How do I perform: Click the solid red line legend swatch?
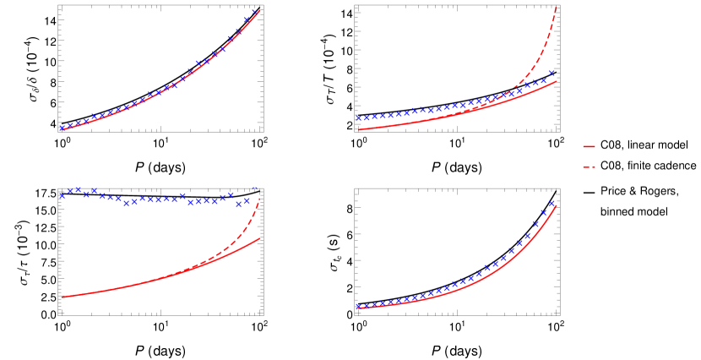[589, 146]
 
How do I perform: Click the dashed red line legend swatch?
[589, 166]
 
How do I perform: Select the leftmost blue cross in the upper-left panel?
[62, 128]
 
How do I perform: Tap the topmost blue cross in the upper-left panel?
[254, 12]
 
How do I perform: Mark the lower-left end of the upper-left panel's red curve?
[59, 130]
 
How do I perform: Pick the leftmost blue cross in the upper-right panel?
[358, 118]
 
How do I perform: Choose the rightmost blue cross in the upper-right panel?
[552, 73]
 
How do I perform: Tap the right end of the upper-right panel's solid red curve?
[556, 81]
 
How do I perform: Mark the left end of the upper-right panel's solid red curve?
[360, 129]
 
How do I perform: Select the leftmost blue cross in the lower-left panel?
[62, 195]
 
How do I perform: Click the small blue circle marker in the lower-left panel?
[255, 188]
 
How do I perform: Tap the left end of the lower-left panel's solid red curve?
[62, 297]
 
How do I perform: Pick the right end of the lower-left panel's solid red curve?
[259, 238]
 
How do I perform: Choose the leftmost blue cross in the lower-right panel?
[358, 307]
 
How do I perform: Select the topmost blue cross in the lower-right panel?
[552, 203]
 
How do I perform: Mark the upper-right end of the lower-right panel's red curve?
[556, 206]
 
